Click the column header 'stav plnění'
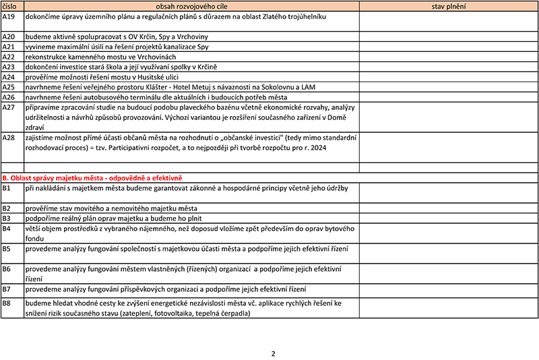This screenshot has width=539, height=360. [449, 6]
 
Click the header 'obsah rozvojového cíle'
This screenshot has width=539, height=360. [191, 6]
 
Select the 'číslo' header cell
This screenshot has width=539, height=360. [10, 6]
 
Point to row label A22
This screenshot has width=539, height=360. [9, 57]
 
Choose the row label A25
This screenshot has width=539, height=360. [9, 87]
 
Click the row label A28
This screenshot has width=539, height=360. [9, 138]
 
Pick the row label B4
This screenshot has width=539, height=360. [7, 229]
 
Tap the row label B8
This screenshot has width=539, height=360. [7, 304]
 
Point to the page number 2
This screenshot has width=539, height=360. [273, 353]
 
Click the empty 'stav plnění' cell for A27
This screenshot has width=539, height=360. [449, 117]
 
